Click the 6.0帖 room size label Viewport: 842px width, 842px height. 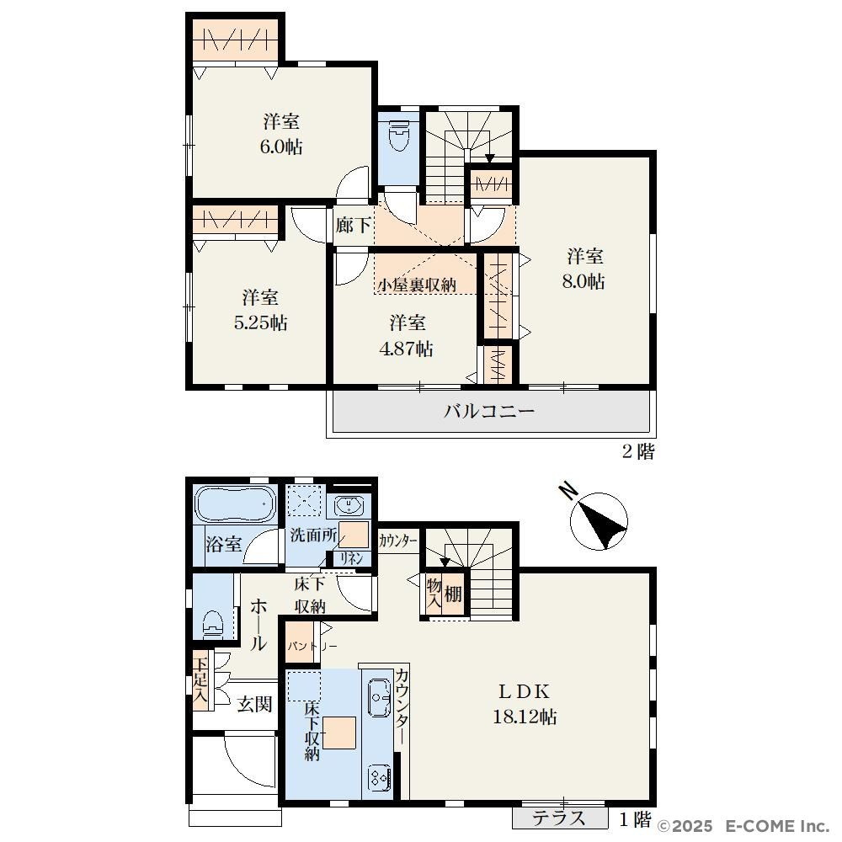(281, 147)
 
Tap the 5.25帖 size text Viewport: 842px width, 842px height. (260, 322)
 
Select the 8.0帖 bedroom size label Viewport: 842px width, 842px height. (584, 281)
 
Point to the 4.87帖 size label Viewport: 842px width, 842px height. (406, 349)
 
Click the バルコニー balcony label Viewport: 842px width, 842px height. (489, 412)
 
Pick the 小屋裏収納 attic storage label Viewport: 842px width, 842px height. (417, 285)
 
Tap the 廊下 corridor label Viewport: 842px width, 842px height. (353, 225)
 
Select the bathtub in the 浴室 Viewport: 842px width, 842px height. (236, 504)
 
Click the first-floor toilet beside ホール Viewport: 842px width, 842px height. (213, 623)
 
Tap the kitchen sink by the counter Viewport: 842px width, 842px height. (380, 697)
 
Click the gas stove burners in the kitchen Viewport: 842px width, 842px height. (379, 776)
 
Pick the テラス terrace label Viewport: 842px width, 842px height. (558, 818)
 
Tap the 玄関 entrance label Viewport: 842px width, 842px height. (254, 703)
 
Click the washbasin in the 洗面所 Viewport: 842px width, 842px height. (349, 505)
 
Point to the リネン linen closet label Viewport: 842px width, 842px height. (352, 558)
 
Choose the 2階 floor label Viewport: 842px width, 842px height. (638, 451)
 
